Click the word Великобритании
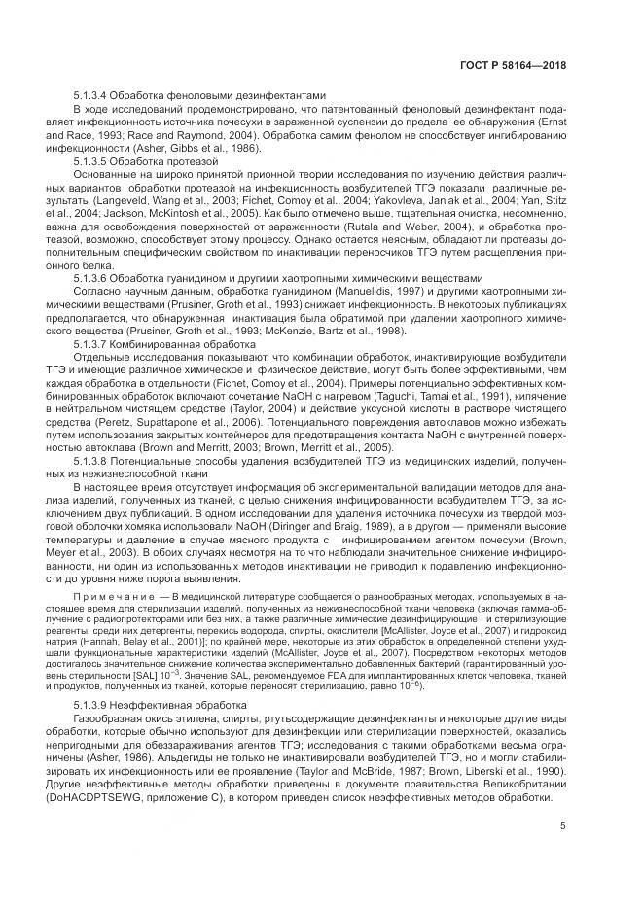pyautogui.click(x=522, y=783)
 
